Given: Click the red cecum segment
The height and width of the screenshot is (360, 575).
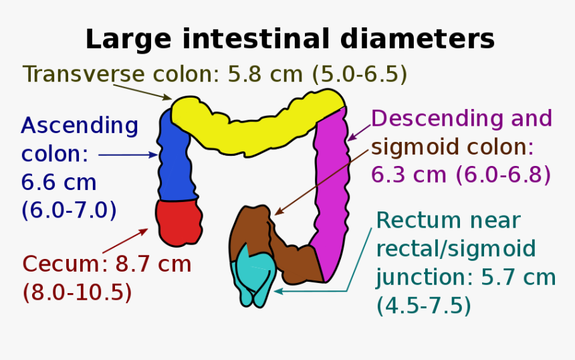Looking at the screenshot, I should pos(179,221).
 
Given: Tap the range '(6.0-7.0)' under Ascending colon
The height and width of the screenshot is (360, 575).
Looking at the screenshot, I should pos(69,210).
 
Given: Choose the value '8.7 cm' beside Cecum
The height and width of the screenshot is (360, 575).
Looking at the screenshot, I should pos(154,264).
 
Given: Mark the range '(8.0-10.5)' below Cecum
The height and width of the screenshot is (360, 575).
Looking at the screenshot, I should pos(76,292).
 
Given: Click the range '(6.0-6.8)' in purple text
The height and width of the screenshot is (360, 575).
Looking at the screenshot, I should pos(503,175).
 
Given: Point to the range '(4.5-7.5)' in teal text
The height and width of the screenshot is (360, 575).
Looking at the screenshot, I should pos(423,306).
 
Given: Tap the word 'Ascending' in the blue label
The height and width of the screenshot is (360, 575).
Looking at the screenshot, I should pos(80,125).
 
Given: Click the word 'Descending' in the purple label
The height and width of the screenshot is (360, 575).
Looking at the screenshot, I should pos(435,118).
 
